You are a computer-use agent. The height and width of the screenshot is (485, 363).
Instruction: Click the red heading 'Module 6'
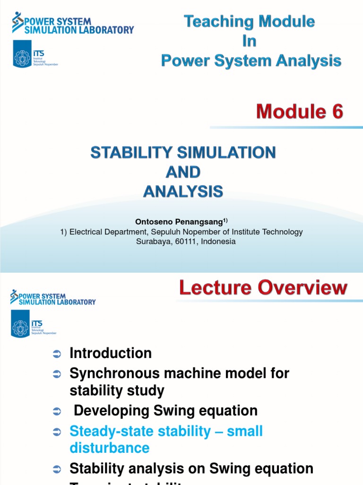point(299,112)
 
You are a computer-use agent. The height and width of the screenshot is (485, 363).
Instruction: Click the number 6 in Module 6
point(337,112)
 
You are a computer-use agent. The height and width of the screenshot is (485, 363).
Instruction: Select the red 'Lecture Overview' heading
point(263,288)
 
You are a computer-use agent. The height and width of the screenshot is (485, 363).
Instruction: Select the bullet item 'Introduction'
point(111,353)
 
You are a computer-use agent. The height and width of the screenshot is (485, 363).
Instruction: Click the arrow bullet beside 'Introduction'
point(57,354)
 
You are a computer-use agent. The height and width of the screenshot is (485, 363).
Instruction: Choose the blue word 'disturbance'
point(109,448)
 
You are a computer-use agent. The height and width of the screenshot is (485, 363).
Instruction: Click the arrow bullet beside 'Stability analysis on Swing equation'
point(57,469)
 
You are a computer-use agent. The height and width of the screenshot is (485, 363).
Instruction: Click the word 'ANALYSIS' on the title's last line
point(183,191)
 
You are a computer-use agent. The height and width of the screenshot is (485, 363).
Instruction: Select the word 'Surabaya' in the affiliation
point(150,241)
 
